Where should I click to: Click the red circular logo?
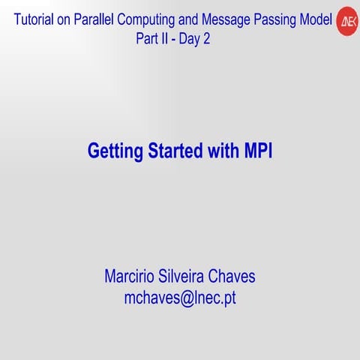tap(346, 22)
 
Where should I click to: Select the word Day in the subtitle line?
tap(189, 39)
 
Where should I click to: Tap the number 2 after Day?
tap(206, 39)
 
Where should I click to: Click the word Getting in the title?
tap(114, 151)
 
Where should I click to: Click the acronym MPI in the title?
tap(258, 151)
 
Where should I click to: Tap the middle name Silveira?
tap(189, 277)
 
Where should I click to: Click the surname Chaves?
tap(236, 277)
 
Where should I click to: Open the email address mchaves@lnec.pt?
tap(180, 298)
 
